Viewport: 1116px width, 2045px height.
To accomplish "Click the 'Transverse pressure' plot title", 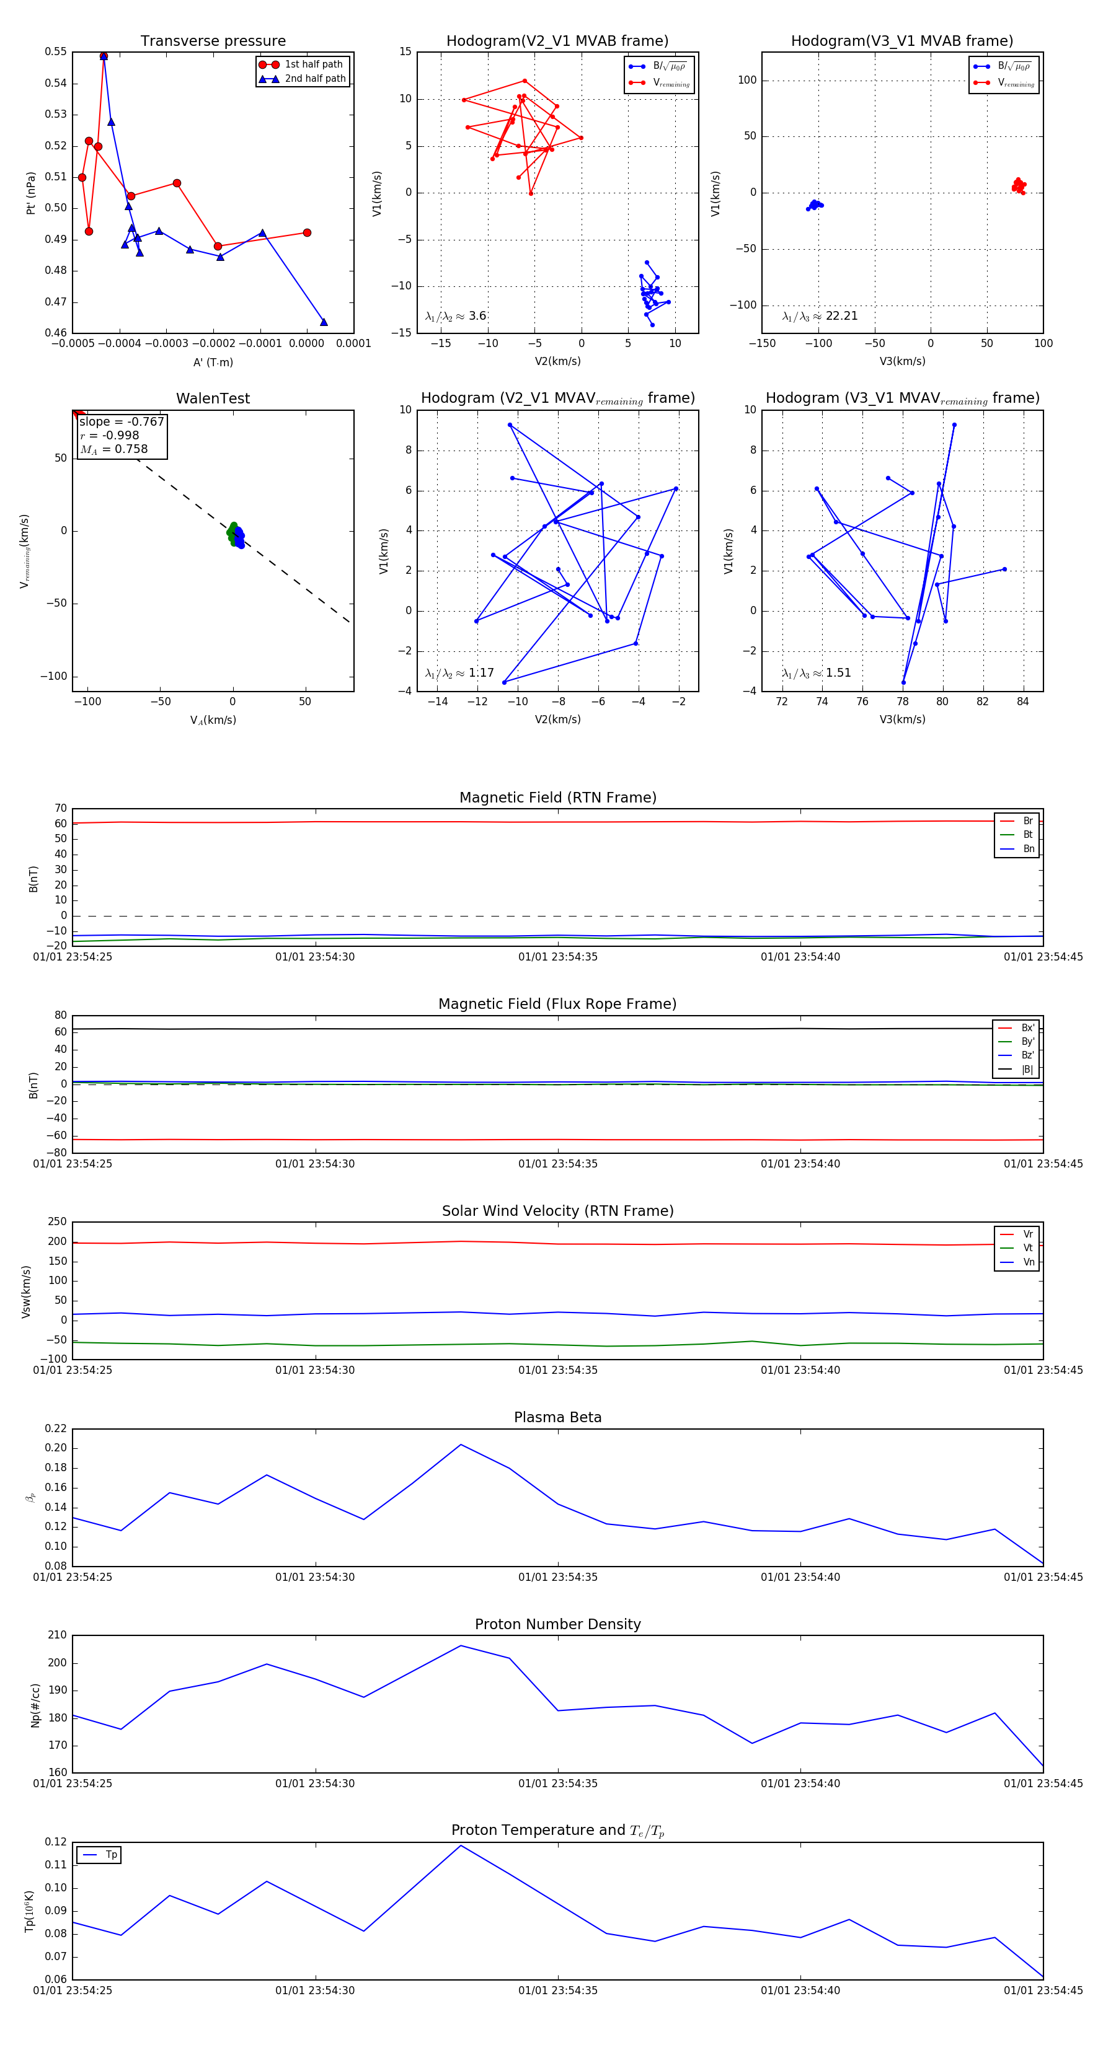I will click(x=213, y=42).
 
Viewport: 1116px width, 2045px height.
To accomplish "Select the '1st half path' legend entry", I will click(x=313, y=64).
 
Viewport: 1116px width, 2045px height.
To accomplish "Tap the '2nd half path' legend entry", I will click(x=314, y=79).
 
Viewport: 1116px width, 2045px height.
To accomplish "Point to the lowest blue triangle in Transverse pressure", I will click(x=323, y=322).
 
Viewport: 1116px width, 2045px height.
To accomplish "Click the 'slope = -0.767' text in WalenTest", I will click(x=122, y=421).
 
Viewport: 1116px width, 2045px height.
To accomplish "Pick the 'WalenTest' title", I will click(x=213, y=398).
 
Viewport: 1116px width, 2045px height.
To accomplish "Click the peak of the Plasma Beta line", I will click(x=461, y=1445).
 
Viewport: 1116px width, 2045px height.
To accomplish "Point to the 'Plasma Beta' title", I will click(x=557, y=1417).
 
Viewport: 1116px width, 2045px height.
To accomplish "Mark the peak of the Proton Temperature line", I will click(x=461, y=1845).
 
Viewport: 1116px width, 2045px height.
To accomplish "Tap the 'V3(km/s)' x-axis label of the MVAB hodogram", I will click(x=902, y=361).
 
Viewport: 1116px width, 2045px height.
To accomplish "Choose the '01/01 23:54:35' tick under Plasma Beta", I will click(x=557, y=1577).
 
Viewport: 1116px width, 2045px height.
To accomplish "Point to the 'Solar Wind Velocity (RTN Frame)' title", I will click(x=557, y=1211).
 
